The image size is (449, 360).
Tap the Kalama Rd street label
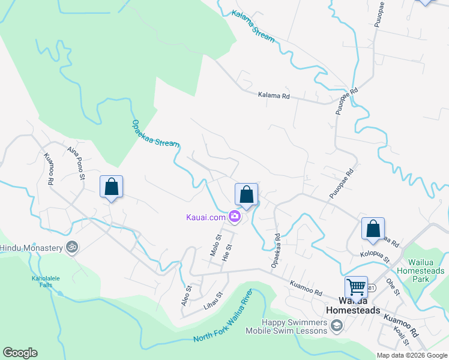tap(274, 95)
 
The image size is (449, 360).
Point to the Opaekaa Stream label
tap(155, 133)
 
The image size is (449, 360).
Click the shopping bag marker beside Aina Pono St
tap(112, 187)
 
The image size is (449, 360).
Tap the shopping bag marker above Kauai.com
tap(246, 194)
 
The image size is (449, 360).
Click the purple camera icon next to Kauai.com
tap(234, 217)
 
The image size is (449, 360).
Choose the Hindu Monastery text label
tap(31, 247)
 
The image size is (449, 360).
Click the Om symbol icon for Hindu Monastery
tap(72, 247)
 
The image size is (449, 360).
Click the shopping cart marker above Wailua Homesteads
tap(356, 288)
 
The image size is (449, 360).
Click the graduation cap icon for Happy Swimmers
tap(337, 325)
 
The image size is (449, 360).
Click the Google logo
tap(20, 353)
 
